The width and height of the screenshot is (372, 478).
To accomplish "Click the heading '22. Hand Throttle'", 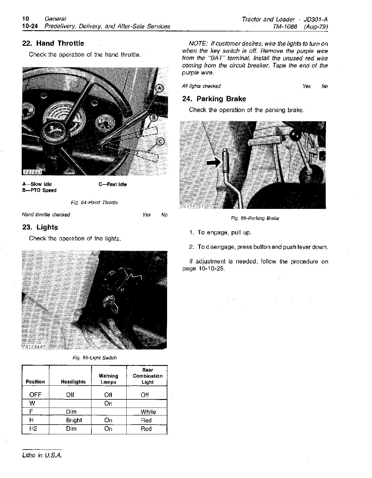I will tap(53, 43).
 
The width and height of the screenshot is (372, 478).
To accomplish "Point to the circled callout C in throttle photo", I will tap(160, 142).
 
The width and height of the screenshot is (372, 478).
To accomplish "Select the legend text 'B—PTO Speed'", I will tap(39, 190).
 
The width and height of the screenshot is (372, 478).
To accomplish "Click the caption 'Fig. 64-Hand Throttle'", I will tap(94, 202).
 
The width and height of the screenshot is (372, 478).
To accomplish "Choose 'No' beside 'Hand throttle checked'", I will tap(164, 215).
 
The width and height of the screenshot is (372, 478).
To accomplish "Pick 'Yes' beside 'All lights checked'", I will tap(307, 86).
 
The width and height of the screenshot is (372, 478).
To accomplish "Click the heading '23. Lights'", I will tap(40, 227).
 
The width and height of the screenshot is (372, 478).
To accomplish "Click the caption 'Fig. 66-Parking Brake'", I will tap(255, 218).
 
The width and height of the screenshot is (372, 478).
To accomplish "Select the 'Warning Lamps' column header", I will tap(108, 379).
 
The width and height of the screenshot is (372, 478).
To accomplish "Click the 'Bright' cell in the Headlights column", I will tap(74, 420).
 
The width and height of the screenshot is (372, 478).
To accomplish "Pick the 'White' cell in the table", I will tap(148, 412).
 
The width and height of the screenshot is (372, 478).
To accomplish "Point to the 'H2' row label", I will tap(33, 429).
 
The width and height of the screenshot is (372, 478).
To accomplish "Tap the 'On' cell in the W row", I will tap(108, 403).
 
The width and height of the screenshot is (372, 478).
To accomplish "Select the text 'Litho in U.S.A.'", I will tap(42, 455).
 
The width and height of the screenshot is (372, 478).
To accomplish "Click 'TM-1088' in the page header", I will tap(285, 27).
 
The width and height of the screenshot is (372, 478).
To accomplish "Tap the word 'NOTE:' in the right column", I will tap(198, 44).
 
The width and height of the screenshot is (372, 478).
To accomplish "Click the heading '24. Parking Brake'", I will tap(214, 99).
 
